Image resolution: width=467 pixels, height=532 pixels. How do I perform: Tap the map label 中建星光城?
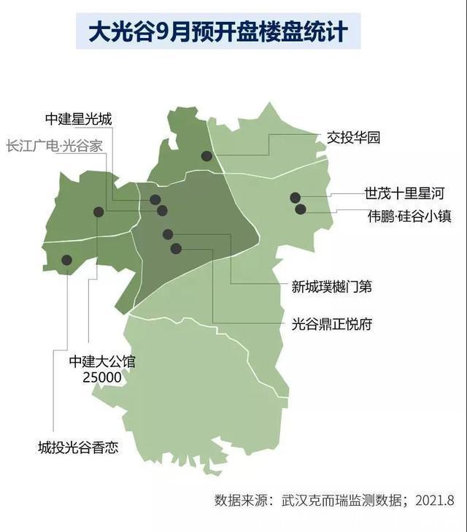point(78,119)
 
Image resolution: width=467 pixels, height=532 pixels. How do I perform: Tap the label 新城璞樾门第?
point(332,286)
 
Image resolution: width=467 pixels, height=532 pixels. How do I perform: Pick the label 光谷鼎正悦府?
point(332,324)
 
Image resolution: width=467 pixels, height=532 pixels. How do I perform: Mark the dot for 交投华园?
point(207,155)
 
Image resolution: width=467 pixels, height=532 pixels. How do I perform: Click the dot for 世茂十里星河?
point(295,197)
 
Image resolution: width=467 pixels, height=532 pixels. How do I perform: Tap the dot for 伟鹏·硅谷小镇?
point(300,209)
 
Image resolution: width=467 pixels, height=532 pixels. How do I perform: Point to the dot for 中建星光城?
point(155,199)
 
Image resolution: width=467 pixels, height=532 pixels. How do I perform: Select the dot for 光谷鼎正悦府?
point(175,248)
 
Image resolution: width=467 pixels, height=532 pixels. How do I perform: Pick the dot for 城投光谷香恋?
point(66,259)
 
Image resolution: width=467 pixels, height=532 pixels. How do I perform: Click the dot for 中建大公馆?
point(99,212)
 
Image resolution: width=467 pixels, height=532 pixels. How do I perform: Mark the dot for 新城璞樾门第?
point(168,234)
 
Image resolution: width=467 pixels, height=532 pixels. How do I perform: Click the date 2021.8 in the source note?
point(435,501)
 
